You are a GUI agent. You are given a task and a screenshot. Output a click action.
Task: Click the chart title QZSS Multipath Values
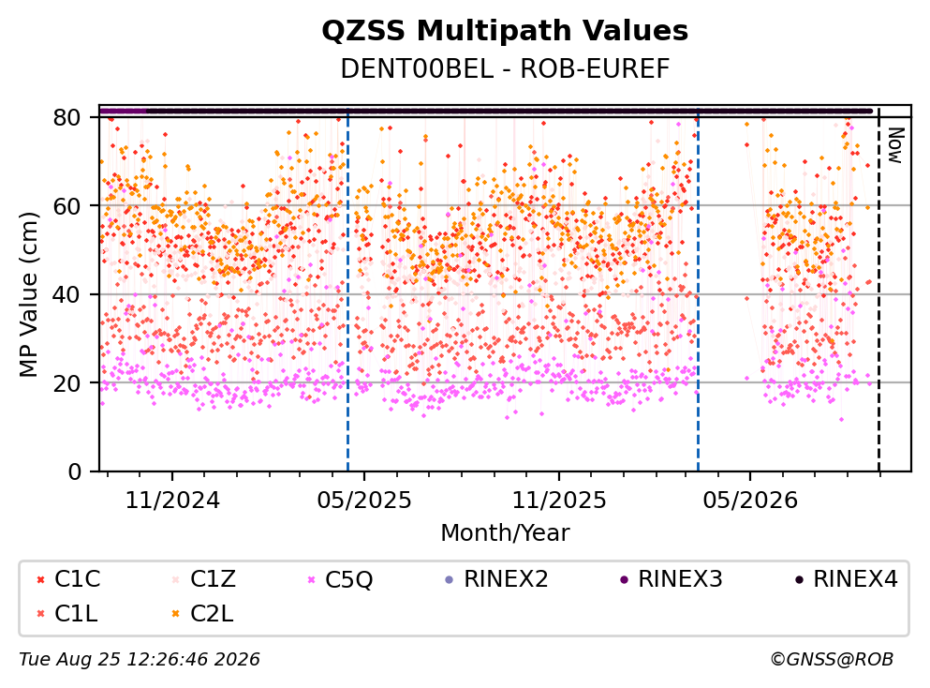[x=505, y=30]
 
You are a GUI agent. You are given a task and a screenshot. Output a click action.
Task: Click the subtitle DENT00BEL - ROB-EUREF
[x=505, y=68]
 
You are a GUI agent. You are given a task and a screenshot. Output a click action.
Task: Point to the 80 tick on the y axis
[x=66, y=117]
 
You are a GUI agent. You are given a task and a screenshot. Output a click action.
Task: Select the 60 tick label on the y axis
[x=66, y=206]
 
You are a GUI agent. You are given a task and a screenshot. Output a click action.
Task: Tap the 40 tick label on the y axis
[x=66, y=294]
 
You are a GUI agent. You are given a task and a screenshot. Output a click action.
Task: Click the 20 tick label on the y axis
[x=66, y=382]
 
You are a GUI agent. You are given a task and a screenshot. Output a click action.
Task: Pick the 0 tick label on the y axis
[x=74, y=471]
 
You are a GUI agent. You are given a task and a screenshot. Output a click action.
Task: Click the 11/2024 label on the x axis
[x=172, y=501]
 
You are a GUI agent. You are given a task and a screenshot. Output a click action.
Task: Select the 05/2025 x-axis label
[x=364, y=501]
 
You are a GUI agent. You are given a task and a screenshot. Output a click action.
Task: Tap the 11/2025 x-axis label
[x=559, y=501]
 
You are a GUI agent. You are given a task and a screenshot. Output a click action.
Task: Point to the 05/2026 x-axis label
[x=750, y=501]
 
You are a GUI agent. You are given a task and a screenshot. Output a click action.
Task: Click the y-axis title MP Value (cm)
[x=28, y=293]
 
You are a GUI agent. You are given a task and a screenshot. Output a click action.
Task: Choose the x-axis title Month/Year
[x=505, y=533]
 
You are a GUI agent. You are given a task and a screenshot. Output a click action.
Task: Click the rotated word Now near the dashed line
[x=895, y=145]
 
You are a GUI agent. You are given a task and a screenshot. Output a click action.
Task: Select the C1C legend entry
[x=68, y=578]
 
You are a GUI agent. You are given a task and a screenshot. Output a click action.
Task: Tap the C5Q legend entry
[x=340, y=579]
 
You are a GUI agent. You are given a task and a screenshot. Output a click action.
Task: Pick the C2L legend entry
[x=203, y=614]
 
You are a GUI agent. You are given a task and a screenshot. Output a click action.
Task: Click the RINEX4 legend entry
[x=847, y=578]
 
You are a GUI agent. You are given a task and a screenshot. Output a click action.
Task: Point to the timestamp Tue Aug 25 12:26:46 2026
[x=140, y=660]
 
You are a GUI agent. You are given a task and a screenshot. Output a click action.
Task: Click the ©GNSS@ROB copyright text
[x=832, y=660]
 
